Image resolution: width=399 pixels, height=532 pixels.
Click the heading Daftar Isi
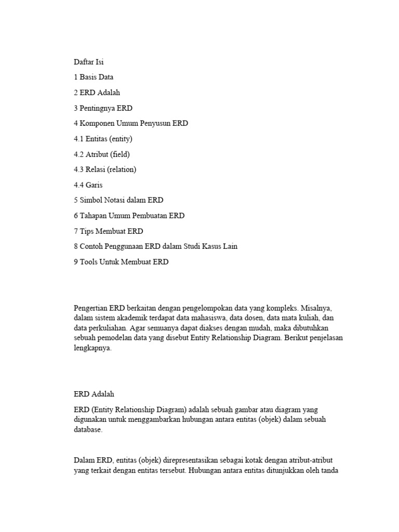(89, 62)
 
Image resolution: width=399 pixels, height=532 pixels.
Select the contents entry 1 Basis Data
(94, 77)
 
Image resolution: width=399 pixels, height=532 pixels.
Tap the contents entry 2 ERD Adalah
(97, 92)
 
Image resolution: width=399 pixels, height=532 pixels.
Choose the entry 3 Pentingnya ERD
(103, 108)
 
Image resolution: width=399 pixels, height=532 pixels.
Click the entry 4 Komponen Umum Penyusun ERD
(131, 124)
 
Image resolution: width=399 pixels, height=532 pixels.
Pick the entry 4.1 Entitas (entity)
(103, 139)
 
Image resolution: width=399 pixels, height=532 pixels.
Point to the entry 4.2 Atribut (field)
(102, 154)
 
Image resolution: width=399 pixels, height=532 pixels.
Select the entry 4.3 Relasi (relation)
(105, 169)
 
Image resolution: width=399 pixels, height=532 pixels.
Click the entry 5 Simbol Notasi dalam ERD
(118, 200)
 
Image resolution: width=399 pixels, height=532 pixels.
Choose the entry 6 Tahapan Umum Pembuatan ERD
(129, 216)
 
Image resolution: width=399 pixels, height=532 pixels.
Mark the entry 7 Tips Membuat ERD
(109, 231)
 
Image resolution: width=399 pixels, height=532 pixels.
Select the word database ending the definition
(88, 430)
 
